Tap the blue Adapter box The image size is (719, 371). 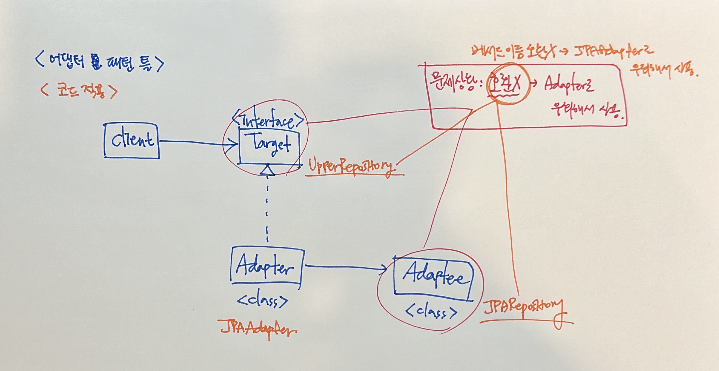pos(266,266)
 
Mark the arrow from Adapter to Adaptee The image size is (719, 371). pos(345,267)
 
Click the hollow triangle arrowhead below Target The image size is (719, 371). pos(267,170)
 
